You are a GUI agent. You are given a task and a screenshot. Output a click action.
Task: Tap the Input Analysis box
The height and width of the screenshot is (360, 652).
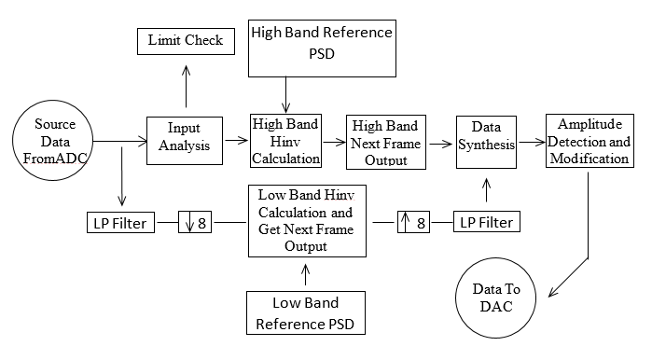(x=185, y=140)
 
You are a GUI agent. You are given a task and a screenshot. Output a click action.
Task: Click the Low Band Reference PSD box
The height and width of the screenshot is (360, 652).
(x=305, y=312)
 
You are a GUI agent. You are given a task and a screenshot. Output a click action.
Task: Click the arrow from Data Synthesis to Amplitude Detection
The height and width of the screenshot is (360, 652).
(x=531, y=143)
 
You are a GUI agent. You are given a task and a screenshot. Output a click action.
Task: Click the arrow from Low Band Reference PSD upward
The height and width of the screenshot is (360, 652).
(x=305, y=273)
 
